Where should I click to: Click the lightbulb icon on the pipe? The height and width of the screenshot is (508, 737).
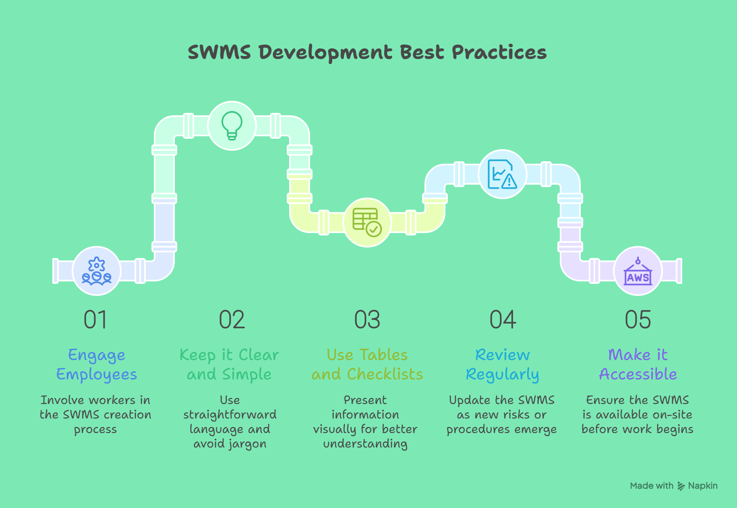pyautogui.click(x=232, y=126)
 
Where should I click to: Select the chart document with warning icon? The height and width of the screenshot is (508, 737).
pyautogui.click(x=502, y=174)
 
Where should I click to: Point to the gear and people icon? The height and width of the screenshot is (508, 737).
pyautogui.click(x=97, y=271)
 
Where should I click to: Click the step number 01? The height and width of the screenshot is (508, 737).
pyautogui.click(x=95, y=320)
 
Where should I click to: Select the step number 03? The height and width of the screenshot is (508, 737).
pyautogui.click(x=367, y=320)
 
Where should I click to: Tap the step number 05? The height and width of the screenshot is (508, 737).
pyautogui.click(x=638, y=320)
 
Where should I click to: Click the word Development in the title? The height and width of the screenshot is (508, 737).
pyautogui.click(x=325, y=53)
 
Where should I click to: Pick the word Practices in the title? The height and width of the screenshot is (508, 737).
pyautogui.click(x=499, y=52)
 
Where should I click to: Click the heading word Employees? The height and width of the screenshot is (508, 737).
pyautogui.click(x=97, y=375)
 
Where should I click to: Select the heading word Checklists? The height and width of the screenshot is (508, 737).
pyautogui.click(x=385, y=374)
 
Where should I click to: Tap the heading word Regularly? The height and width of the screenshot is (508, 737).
pyautogui.click(x=502, y=375)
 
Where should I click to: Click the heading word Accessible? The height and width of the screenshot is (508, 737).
pyautogui.click(x=638, y=374)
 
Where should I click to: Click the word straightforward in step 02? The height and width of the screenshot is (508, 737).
pyautogui.click(x=230, y=415)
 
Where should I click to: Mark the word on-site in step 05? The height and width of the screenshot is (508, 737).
pyautogui.click(x=673, y=414)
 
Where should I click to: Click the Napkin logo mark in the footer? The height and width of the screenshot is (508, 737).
pyautogui.click(x=681, y=486)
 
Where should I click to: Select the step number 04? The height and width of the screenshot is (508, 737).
pyautogui.click(x=503, y=320)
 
